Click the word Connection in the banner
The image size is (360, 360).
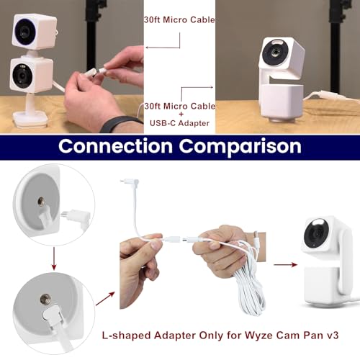(x=115, y=146)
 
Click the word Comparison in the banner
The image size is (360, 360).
(x=240, y=148)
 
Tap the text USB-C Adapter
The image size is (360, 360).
(x=179, y=123)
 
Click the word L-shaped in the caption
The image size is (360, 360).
(x=127, y=336)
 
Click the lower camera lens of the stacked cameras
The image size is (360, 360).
(x=22, y=76)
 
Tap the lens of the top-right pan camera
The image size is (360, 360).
(x=275, y=53)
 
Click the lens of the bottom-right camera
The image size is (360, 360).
(x=317, y=234)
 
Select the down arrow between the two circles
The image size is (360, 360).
(x=54, y=258)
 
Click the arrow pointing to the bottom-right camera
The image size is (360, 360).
(x=286, y=264)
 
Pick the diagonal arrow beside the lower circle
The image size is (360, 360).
(x=105, y=299)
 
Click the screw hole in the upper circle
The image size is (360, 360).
(x=41, y=201)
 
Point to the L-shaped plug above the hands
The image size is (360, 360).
(x=130, y=183)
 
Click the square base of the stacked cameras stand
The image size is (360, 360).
(x=30, y=119)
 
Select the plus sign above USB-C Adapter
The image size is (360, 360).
(x=181, y=114)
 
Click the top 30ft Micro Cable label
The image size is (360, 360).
(x=179, y=19)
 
